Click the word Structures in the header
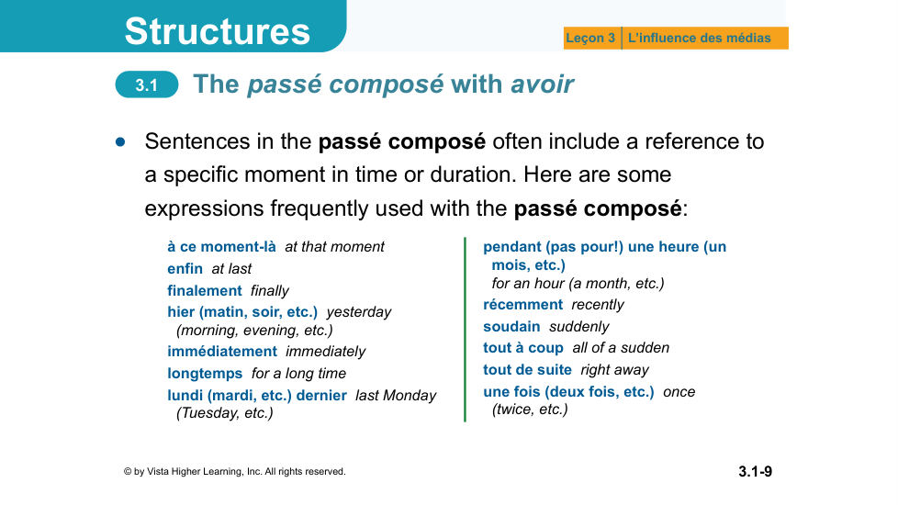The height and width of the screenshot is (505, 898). point(217,31)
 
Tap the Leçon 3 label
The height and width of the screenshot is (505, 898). point(590,38)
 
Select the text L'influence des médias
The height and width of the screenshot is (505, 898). point(700,38)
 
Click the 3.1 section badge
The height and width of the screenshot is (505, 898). point(147,84)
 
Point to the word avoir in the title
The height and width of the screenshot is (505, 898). point(542,84)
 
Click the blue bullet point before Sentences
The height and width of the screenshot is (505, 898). point(120,142)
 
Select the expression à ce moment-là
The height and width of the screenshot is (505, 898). point(221,247)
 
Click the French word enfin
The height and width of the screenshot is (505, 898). point(185,268)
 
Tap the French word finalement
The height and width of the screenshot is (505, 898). point(205,290)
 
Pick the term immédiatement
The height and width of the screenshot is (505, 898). point(222,351)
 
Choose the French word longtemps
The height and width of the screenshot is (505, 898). point(205,374)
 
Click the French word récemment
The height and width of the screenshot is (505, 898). point(522,305)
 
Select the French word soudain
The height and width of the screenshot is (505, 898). point(511,326)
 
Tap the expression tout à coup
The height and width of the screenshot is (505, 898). point(523,348)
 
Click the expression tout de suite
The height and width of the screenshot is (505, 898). point(527,370)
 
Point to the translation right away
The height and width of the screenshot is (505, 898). point(614,370)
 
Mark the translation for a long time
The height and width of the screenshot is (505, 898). point(299,374)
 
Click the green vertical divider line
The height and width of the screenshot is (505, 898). point(465,330)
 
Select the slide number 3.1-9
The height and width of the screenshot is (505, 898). point(755,471)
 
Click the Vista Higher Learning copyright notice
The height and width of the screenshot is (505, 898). point(235,471)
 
